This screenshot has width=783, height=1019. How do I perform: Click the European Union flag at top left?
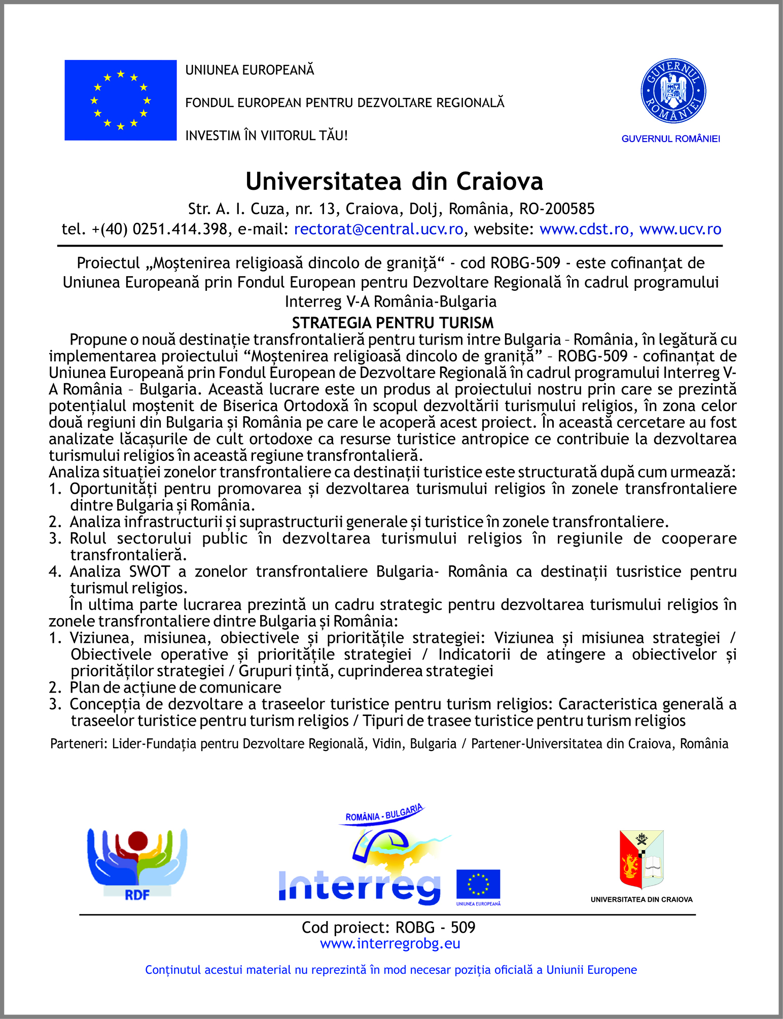(120, 100)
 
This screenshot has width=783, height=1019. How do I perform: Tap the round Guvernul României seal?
(673, 91)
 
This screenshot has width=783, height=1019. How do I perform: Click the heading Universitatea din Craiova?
(394, 181)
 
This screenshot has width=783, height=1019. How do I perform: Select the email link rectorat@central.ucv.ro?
(378, 229)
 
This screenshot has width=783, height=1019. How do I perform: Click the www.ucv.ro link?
(680, 229)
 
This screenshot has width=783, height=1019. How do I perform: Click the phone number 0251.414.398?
(180, 229)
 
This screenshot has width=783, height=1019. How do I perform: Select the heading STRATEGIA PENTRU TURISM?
(393, 323)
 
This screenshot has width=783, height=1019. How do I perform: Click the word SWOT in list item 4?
(149, 571)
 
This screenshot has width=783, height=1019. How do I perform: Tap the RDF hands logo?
(137, 863)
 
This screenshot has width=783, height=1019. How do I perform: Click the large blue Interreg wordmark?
(359, 886)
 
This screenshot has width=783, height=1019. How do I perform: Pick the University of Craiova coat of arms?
(642, 859)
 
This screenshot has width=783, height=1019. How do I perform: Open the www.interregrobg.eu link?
(390, 943)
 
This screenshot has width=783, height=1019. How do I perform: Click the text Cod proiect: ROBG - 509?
(388, 927)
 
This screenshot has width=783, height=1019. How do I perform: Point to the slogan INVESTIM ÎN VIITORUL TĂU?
(266, 135)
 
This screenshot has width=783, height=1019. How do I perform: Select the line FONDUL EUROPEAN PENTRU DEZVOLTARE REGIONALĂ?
(345, 103)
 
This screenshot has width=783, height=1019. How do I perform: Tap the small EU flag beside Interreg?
(478, 884)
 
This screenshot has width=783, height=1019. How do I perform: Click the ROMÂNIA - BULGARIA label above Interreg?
(383, 813)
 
